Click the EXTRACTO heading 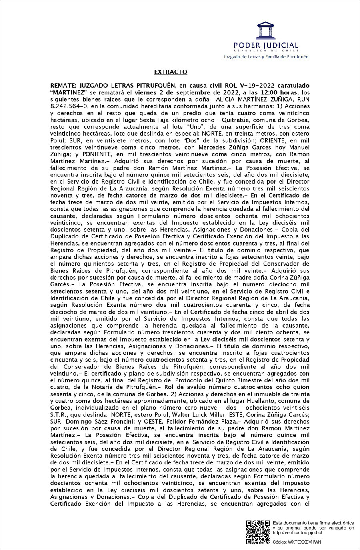click(170, 72)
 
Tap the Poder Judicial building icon click(266, 30)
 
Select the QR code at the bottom click(258, 532)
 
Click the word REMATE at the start click(63, 86)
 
